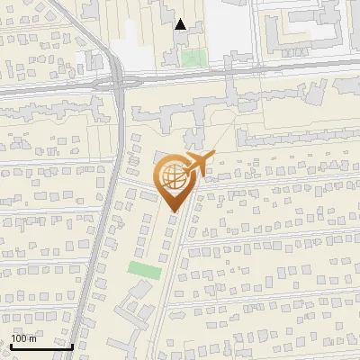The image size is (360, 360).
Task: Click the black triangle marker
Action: [181, 24]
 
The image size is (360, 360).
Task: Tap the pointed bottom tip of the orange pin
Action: [174, 211]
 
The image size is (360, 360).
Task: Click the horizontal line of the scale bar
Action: [41, 346]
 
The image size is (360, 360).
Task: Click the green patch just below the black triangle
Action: [192, 58]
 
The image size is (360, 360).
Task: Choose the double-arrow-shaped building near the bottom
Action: [135, 310]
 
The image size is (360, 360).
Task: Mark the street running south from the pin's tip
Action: [171, 261]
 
